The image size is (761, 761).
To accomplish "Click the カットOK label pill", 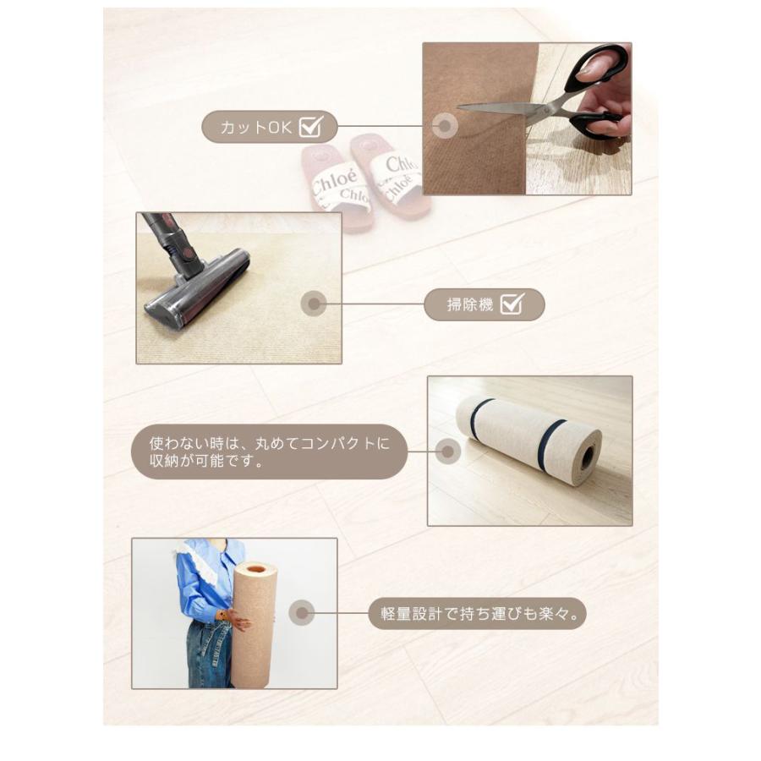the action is pyautogui.click(x=270, y=127).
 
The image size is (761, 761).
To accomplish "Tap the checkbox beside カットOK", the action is pyautogui.click(x=311, y=126).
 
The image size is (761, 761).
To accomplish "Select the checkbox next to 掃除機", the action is pyautogui.click(x=512, y=304).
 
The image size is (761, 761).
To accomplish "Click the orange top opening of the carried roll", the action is pyautogui.click(x=256, y=568).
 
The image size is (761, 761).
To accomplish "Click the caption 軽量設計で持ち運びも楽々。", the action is pyautogui.click(x=478, y=614).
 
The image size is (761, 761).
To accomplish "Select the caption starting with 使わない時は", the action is pyautogui.click(x=270, y=452).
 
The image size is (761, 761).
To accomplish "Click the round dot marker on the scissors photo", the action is pyautogui.click(x=445, y=126).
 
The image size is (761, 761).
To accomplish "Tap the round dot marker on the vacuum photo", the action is pyautogui.click(x=314, y=304).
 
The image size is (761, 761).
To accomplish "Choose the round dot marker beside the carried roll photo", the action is pyautogui.click(x=302, y=613).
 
